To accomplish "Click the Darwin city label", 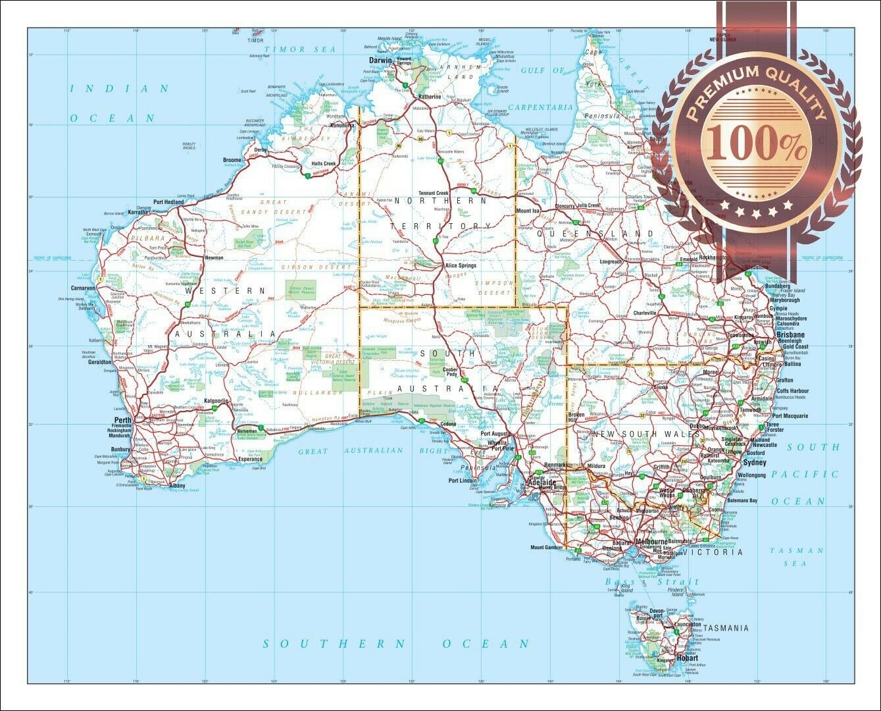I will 380,60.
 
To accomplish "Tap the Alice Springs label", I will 460,265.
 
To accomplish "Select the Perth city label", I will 123,420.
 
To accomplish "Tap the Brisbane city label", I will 790,334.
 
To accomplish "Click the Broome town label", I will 232,160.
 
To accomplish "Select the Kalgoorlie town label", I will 216,400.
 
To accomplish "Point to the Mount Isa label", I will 527,211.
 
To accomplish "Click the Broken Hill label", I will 576,418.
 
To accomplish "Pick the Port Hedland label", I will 168,202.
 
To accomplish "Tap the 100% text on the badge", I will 757,146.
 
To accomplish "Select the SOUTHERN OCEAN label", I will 397,643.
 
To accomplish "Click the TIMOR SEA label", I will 299,49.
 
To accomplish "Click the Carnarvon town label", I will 84,288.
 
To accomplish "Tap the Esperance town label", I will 250,459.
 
